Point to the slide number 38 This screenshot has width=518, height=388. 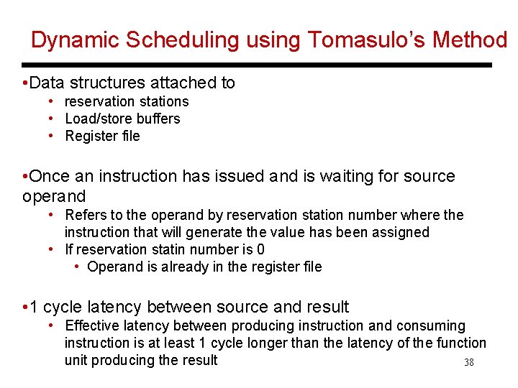click(469, 363)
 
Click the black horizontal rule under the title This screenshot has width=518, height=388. click(258, 65)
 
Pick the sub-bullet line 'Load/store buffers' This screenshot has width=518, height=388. click(122, 119)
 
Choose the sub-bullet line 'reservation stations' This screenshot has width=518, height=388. click(127, 101)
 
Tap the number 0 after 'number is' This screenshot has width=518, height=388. click(260, 249)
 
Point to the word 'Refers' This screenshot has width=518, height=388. click(85, 215)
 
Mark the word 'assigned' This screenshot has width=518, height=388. click(401, 232)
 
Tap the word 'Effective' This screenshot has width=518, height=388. click(92, 325)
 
